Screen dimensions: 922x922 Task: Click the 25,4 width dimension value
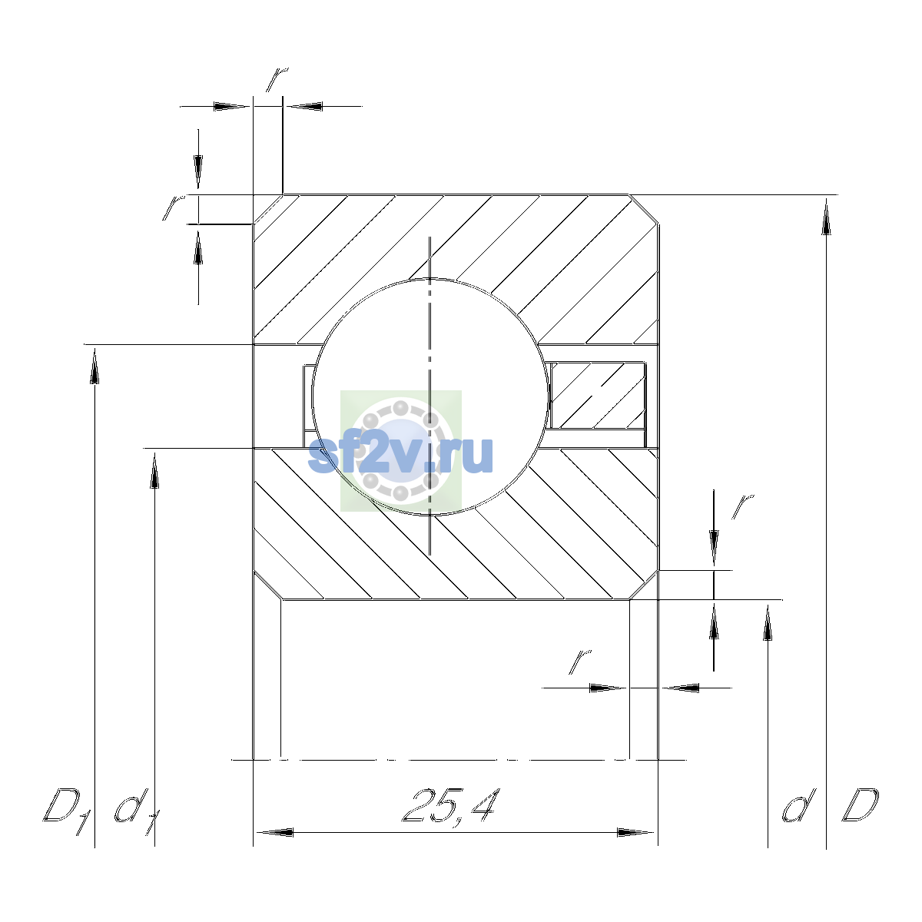tap(451, 805)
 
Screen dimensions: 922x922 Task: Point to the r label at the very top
tap(277, 79)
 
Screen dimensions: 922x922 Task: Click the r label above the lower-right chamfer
tap(742, 506)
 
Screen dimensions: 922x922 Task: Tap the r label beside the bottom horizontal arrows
tap(579, 662)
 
